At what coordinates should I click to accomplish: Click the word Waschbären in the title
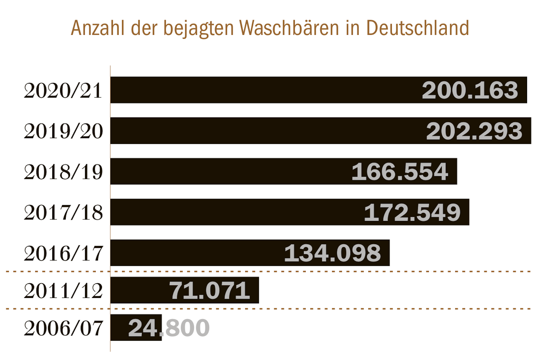point(289,28)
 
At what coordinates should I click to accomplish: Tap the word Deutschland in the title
point(417,28)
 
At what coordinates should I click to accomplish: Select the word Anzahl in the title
point(98,28)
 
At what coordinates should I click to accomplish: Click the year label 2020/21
point(63,91)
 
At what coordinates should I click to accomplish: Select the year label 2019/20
point(63,131)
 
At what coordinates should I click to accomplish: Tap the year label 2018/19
point(63,172)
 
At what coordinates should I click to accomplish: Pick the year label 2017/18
point(63,213)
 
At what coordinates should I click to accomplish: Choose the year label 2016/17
point(63,253)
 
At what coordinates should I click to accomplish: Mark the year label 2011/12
point(63,291)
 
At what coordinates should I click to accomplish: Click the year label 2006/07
point(63,328)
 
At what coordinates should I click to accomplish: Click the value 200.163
point(470,90)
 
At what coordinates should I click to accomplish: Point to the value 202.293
point(474,131)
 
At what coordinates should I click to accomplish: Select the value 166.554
point(400,172)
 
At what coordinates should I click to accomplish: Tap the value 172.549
point(412,213)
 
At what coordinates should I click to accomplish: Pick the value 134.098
point(333,253)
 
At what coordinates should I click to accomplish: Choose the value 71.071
point(209,290)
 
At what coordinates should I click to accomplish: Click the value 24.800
point(169,328)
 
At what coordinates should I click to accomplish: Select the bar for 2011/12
point(138,290)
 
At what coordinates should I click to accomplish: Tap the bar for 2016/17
point(195,253)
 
